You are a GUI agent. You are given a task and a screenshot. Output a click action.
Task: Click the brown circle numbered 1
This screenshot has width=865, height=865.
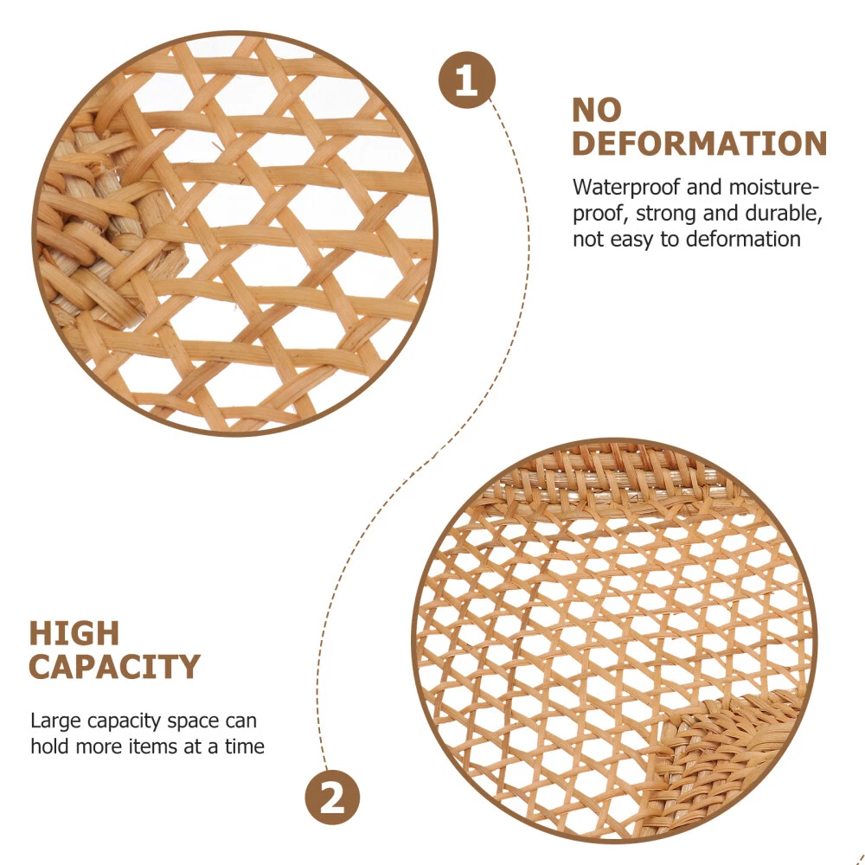click(x=467, y=80)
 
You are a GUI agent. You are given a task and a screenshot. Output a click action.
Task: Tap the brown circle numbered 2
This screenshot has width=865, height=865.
click(x=332, y=798)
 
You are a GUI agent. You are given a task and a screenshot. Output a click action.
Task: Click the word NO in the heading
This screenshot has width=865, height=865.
click(x=597, y=110)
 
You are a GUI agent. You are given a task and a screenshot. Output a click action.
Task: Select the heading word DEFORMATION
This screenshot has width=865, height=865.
click(x=700, y=144)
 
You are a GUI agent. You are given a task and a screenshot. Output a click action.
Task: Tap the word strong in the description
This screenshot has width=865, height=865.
click(x=666, y=215)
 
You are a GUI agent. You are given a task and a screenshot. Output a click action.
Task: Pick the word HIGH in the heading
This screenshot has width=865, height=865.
click(x=74, y=633)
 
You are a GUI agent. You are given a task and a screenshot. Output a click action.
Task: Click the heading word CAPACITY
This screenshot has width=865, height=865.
click(x=114, y=666)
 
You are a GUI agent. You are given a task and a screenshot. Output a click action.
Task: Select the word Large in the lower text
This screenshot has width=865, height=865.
click(x=56, y=721)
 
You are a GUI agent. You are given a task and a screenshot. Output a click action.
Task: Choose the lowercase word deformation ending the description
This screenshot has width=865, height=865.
click(x=743, y=240)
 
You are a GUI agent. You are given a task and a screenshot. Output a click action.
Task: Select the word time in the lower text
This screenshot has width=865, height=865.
click(x=245, y=746)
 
